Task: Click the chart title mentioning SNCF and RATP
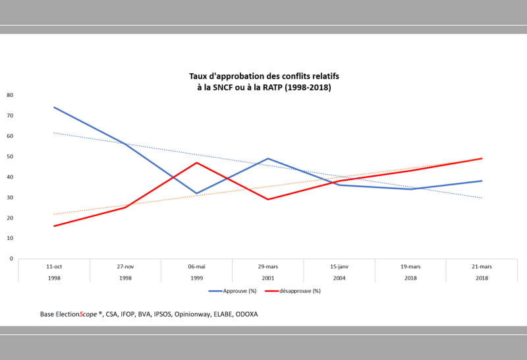coord(263,82)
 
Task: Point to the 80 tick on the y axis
coord(10,95)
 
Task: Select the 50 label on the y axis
coord(10,156)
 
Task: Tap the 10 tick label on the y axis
coord(10,238)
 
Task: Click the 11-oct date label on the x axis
coord(54,266)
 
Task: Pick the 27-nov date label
coord(125,266)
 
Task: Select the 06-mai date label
coord(196,266)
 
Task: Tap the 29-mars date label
coord(268,266)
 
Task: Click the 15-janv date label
coord(339,266)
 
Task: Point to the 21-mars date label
coord(482,266)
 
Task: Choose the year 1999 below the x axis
coord(196,278)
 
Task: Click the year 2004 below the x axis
coord(339,278)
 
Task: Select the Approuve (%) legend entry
coord(233,291)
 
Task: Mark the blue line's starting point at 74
coord(54,107)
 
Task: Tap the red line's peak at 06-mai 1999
coord(196,162)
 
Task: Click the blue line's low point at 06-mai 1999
coord(196,193)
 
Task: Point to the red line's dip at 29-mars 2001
coord(268,199)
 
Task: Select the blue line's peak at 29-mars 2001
coord(268,158)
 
